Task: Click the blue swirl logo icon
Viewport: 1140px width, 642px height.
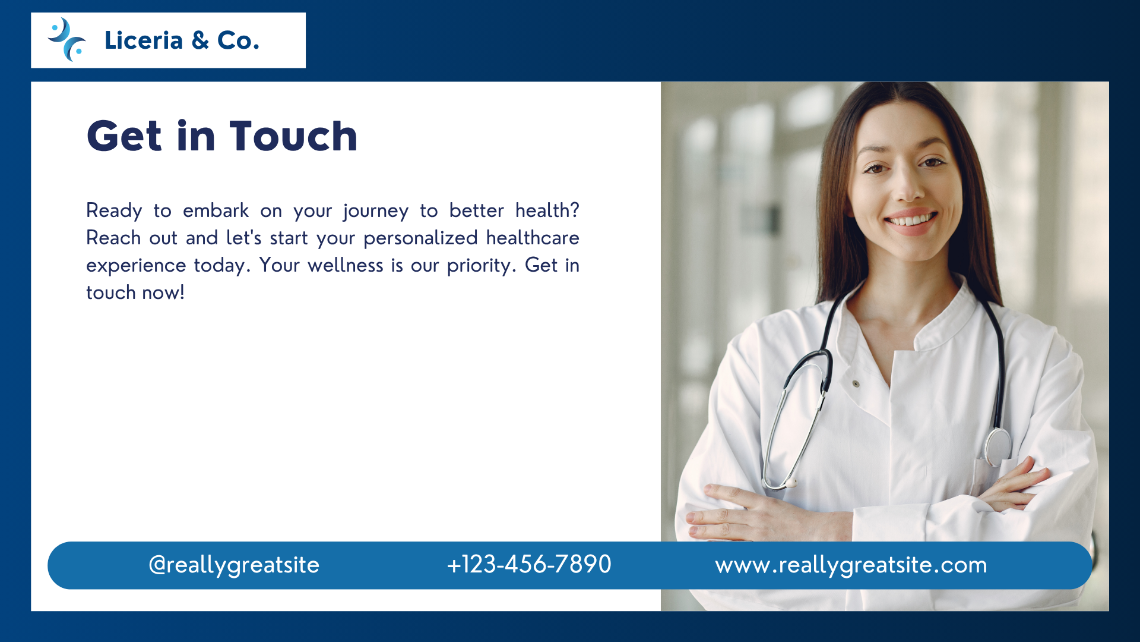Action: pyautogui.click(x=66, y=40)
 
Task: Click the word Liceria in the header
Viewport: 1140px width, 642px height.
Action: pyautogui.click(x=144, y=40)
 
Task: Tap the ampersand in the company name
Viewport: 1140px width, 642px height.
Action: pyautogui.click(x=200, y=40)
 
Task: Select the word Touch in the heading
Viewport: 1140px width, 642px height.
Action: pyautogui.click(x=293, y=136)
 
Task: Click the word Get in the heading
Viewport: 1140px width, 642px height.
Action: pyautogui.click(x=124, y=136)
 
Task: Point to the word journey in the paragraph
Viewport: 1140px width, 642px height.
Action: pyautogui.click(x=376, y=212)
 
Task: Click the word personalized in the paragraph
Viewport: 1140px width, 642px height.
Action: pyautogui.click(x=420, y=238)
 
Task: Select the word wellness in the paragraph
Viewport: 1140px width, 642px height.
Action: pyautogui.click(x=346, y=265)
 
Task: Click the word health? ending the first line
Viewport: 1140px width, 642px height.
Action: pyautogui.click(x=547, y=210)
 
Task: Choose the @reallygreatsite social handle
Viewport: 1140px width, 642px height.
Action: pyautogui.click(x=234, y=565)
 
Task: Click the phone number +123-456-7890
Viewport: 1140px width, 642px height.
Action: pyautogui.click(x=529, y=564)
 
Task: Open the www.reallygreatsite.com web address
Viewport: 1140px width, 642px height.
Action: pyautogui.click(x=851, y=565)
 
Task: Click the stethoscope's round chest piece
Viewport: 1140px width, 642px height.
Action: pyautogui.click(x=997, y=446)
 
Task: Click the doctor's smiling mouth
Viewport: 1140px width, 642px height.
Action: pyautogui.click(x=911, y=222)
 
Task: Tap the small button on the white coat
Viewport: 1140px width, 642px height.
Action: pyautogui.click(x=856, y=384)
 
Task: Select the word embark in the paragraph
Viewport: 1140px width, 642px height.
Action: pyautogui.click(x=216, y=210)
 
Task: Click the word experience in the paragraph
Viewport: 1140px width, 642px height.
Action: pyautogui.click(x=136, y=266)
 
